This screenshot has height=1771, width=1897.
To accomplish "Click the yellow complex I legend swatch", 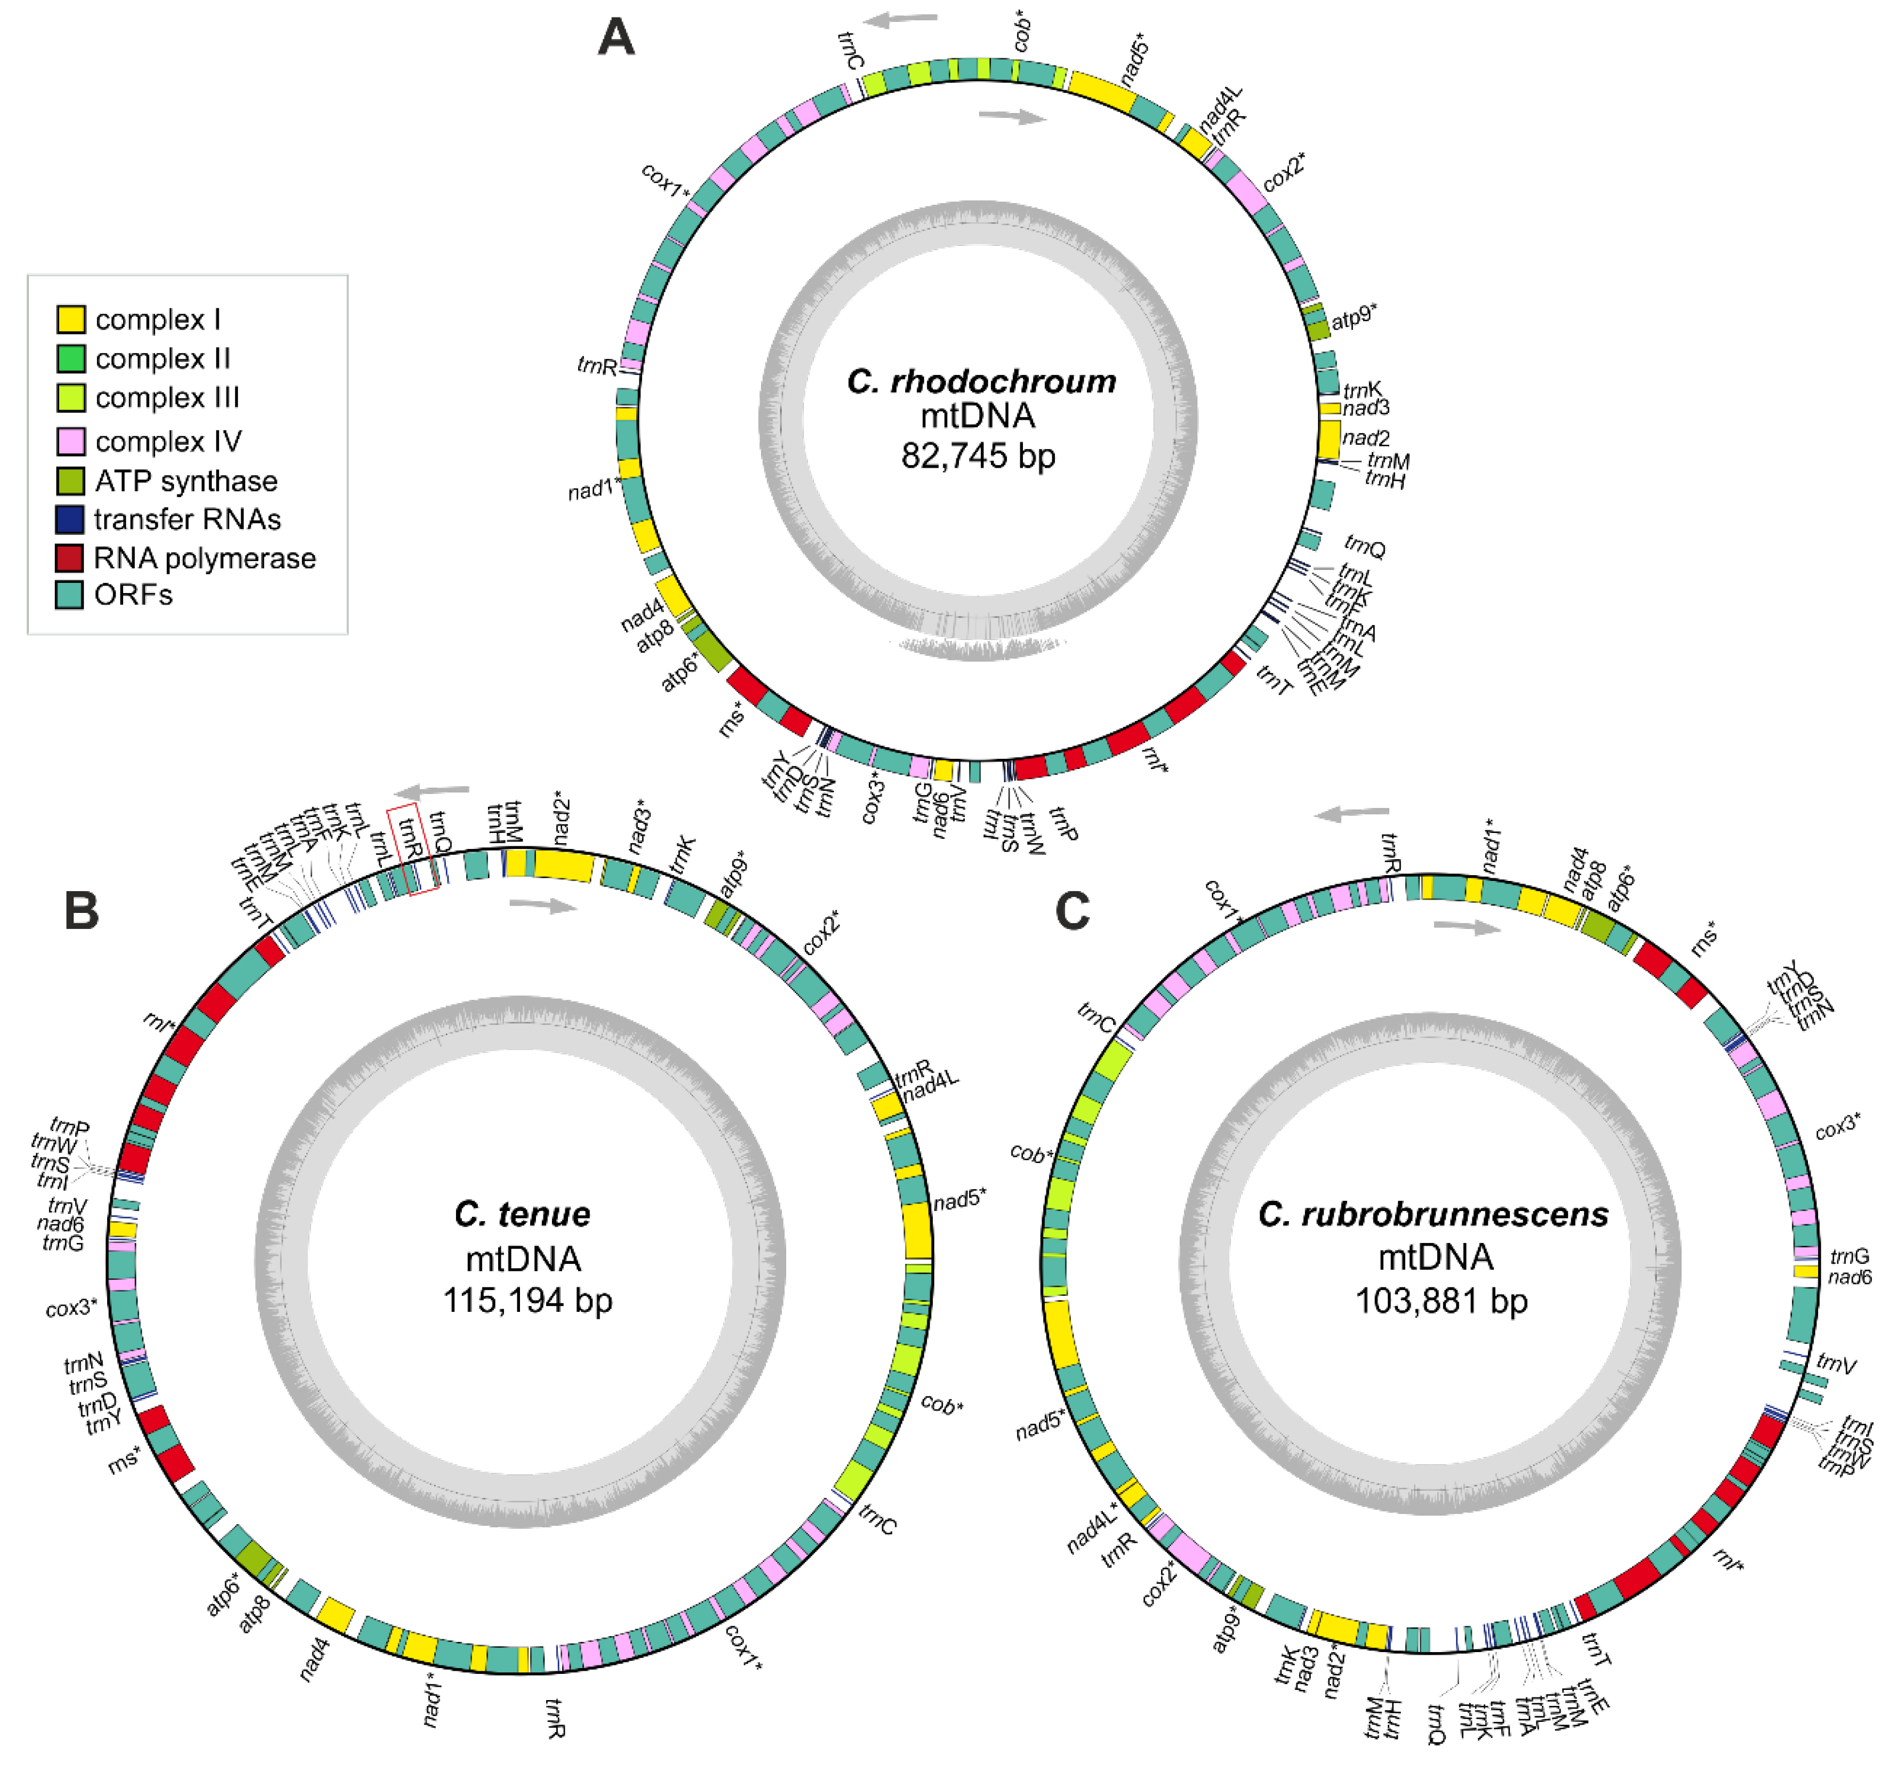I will [x=70, y=319].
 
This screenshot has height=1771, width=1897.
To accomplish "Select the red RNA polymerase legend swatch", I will [x=69, y=557].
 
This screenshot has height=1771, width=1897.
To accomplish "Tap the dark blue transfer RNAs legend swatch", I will [x=69, y=519].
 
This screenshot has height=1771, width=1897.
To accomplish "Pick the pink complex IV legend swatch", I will [x=70, y=441].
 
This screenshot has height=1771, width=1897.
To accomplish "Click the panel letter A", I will [x=617, y=38].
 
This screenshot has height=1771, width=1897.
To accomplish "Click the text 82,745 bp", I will [x=978, y=456].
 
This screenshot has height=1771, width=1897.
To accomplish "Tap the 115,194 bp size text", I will [x=527, y=1300].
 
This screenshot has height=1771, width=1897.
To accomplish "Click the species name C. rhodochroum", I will [x=981, y=382].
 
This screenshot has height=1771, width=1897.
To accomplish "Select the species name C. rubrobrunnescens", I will [x=1433, y=1214].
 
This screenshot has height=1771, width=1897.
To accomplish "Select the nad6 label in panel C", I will [x=1850, y=1277].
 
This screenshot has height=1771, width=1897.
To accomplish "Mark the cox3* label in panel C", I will [x=1837, y=1128].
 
